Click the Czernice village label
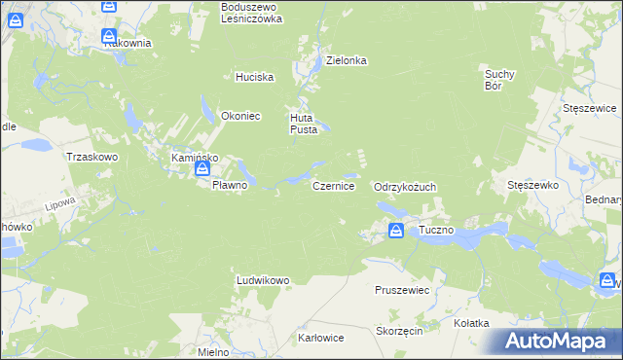click(333, 185)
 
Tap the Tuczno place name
click(437, 231)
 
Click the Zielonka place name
click(346, 60)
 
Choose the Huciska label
click(255, 77)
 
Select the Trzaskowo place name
click(91, 156)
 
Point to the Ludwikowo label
click(263, 280)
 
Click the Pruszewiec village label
click(403, 290)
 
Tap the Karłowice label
click(320, 339)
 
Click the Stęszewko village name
click(531, 184)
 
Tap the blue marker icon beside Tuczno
click(396, 231)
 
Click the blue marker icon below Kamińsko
click(202, 168)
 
